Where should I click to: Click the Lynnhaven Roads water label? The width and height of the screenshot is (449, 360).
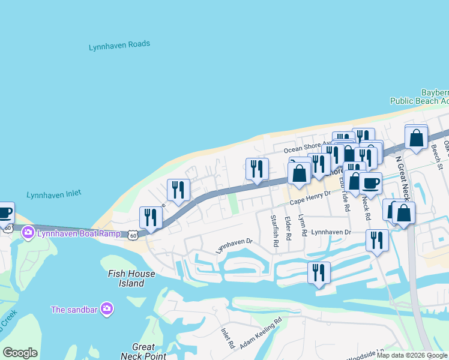tap(119, 45)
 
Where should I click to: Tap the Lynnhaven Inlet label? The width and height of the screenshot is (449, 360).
tap(54, 194)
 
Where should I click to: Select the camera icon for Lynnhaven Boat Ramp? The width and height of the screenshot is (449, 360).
tap(28, 233)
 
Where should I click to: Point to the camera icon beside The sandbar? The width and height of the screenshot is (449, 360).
tap(107, 309)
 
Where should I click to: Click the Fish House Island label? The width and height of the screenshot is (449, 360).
tap(131, 278)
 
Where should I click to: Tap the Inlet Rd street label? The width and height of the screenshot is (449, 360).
tap(228, 338)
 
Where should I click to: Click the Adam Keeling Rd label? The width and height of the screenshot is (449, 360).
tap(261, 334)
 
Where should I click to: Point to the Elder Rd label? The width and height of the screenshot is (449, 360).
tap(288, 229)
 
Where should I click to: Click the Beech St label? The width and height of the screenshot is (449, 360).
tap(437, 157)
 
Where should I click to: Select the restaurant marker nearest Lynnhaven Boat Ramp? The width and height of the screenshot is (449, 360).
tap(151, 217)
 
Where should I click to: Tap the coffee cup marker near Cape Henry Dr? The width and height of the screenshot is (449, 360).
tap(370, 183)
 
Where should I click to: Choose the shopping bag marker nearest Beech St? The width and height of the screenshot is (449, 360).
tap(416, 138)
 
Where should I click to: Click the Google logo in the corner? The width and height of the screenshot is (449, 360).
tap(20, 353)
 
